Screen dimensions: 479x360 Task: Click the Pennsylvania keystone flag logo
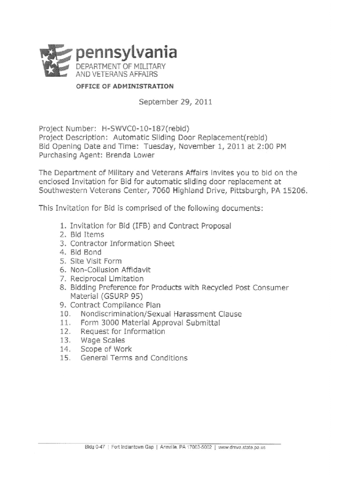pos(55,62)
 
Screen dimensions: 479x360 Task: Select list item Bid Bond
pos(86,252)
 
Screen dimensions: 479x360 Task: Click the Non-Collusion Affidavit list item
pos(110,270)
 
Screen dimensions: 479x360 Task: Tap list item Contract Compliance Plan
pos(115,305)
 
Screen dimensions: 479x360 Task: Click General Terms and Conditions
pos(134,358)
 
